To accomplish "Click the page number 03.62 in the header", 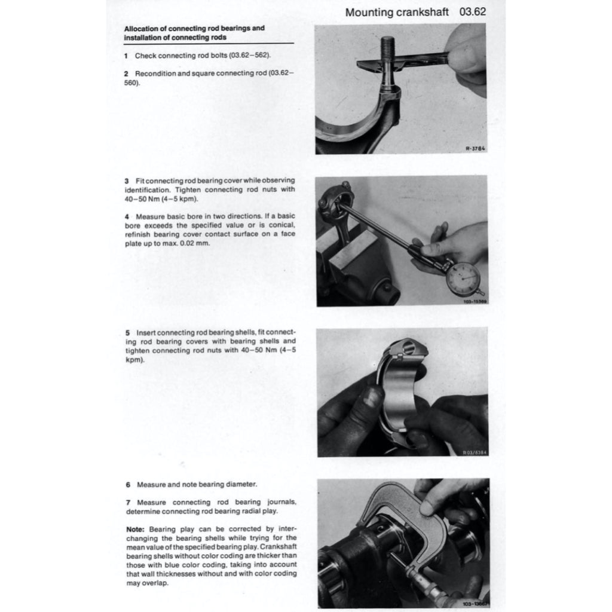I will (473, 12).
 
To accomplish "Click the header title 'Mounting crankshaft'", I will (397, 13).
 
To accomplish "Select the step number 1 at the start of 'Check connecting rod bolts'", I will (126, 56).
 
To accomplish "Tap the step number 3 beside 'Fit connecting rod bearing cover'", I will (127, 180).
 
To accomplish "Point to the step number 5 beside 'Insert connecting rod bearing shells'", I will (127, 332).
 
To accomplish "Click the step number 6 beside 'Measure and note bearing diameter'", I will (128, 484).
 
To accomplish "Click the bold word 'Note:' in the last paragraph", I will (136, 530).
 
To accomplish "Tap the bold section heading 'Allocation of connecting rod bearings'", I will (194, 28).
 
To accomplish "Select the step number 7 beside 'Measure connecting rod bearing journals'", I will (128, 503).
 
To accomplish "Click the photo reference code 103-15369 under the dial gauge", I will (475, 302).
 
